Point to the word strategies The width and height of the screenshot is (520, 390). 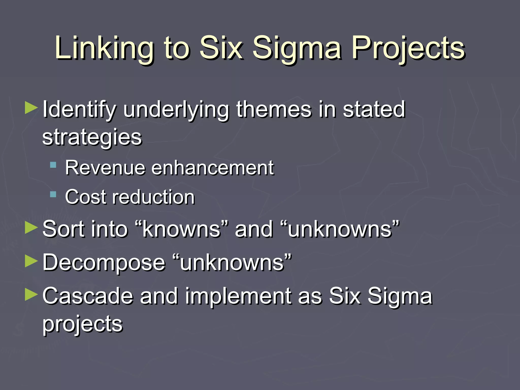[x=92, y=138]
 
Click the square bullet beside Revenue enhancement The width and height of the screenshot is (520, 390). [x=53, y=165]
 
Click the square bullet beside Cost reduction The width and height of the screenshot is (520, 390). [x=53, y=195]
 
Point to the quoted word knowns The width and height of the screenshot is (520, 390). [x=181, y=229]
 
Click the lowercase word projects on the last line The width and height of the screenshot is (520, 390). [x=82, y=324]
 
